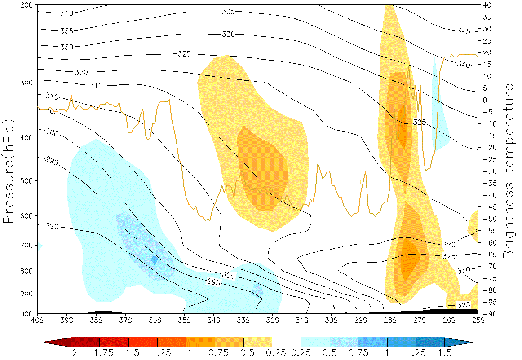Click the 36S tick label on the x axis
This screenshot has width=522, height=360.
click(x=155, y=320)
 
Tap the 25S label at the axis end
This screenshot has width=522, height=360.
click(x=478, y=320)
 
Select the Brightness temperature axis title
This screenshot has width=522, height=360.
click(x=509, y=171)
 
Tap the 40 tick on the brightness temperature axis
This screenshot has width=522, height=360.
click(x=488, y=5)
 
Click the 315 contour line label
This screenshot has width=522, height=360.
click(x=96, y=86)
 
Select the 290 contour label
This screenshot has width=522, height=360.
click(x=52, y=226)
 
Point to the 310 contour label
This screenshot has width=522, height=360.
click(x=52, y=96)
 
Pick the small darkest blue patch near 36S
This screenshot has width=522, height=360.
click(x=155, y=260)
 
